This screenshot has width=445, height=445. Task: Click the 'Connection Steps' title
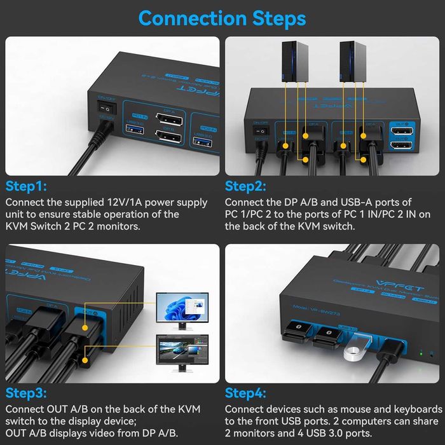pos(222,18)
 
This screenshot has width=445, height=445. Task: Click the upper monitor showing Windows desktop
pos(183,308)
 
